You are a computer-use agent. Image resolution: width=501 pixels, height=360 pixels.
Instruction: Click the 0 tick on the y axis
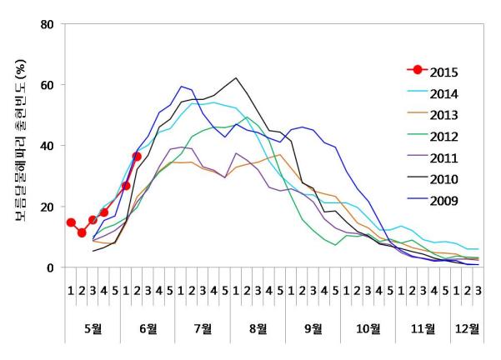[53, 267]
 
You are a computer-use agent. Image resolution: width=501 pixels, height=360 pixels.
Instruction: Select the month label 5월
[93, 327]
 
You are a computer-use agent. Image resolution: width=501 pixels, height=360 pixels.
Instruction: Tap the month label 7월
[203, 327]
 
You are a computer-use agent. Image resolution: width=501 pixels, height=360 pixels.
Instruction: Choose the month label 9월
[313, 327]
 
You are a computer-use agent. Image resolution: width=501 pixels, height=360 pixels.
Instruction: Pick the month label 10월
[368, 327]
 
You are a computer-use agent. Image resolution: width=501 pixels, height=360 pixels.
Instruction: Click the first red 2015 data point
[71, 222]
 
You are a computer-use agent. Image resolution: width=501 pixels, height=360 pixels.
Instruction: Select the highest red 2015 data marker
[137, 157]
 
